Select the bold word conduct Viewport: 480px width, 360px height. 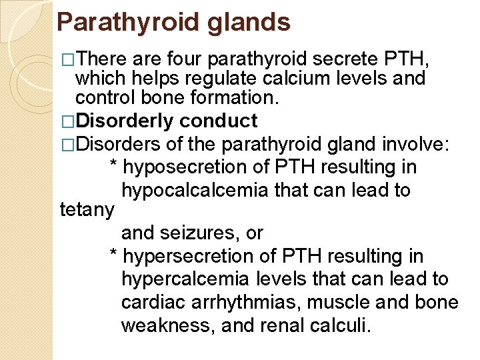tap(219, 121)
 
